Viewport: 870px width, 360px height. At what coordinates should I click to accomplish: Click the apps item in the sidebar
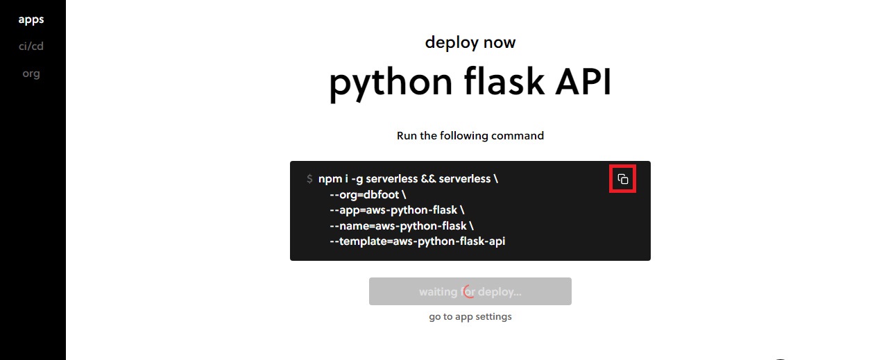pos(31,19)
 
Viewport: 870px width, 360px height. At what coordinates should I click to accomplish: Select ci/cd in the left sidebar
pos(31,46)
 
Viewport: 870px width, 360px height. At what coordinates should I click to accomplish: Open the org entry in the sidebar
pos(31,74)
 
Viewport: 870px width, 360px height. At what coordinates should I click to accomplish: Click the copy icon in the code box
pos(623,179)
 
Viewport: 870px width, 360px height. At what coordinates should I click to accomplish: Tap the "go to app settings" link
pos(470,317)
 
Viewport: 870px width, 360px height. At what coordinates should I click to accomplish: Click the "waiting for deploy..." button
pos(470,291)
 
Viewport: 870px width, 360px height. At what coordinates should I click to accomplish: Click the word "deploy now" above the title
pos(470,42)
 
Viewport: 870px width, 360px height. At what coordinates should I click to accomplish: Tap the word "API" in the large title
pos(583,82)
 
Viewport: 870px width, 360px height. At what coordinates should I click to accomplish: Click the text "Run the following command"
pos(470,136)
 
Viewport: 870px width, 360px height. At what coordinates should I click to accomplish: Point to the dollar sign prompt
pos(309,179)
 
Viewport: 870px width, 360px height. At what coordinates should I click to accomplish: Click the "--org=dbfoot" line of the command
pos(368,195)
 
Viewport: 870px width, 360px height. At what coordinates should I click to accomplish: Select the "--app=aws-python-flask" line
pos(398,210)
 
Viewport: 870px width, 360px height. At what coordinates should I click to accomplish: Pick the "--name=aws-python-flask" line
pos(402,226)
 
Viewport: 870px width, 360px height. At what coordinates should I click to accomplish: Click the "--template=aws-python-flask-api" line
pos(422,241)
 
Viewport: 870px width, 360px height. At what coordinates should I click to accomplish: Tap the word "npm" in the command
pos(329,179)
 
